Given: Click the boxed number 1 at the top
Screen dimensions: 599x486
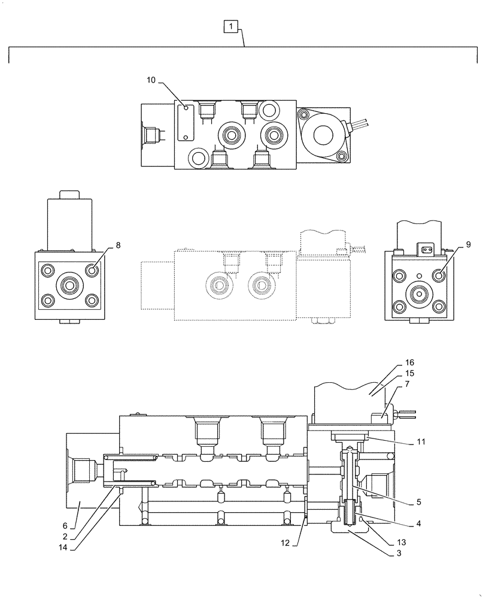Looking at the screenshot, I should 232,26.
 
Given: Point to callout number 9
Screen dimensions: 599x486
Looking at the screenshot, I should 468,244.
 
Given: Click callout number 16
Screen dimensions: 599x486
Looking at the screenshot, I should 409,362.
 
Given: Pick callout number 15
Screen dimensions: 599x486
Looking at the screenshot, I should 409,373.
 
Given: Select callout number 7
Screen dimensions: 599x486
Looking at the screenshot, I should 407,383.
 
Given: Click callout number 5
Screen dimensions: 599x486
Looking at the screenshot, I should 418,501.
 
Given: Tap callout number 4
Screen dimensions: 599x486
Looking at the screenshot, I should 418,523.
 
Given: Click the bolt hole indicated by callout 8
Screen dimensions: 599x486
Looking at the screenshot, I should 92,271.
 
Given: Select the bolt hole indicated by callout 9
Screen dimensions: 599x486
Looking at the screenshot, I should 440,276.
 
